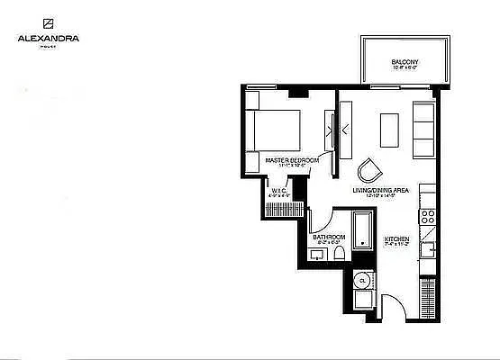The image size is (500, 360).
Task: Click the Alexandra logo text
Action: [48, 39]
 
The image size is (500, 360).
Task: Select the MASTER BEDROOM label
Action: [292, 159]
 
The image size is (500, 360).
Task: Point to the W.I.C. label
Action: [278, 190]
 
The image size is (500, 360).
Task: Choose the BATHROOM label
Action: [329, 238]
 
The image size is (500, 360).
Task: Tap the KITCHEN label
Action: [396, 238]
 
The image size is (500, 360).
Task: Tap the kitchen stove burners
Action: [429, 216]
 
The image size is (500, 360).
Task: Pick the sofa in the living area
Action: [423, 128]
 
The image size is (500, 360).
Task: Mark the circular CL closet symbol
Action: [362, 280]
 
